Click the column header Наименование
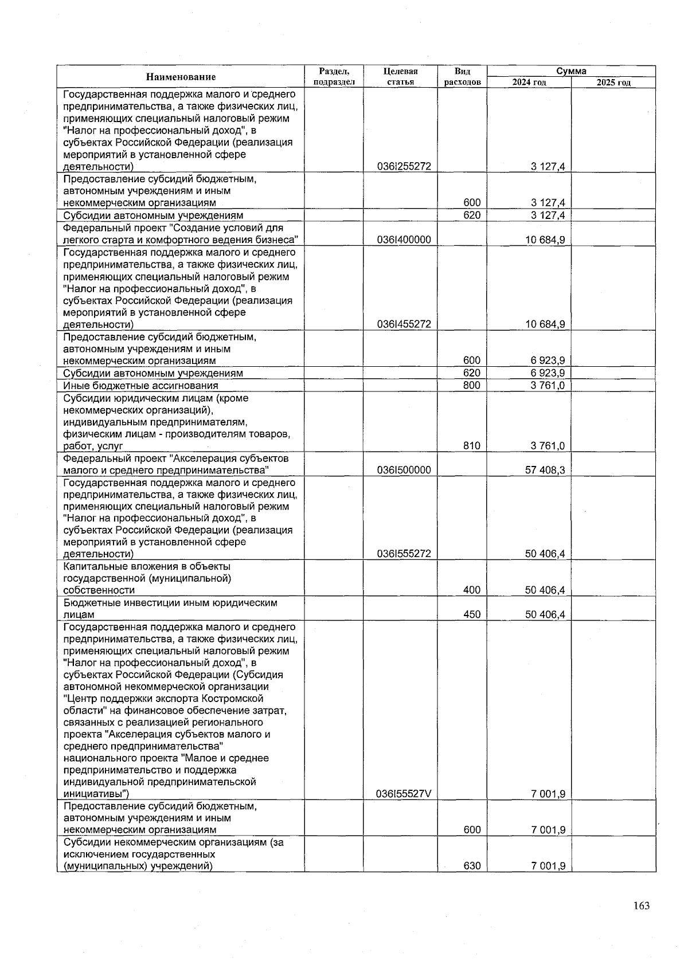pyautogui.click(x=181, y=77)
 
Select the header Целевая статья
pyautogui.click(x=400, y=77)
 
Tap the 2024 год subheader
pyautogui.click(x=529, y=83)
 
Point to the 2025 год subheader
pyautogui.click(x=613, y=83)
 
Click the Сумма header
pyautogui.click(x=571, y=71)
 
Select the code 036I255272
pyautogui.click(x=404, y=167)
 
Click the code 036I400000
pyautogui.click(x=404, y=240)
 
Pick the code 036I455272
pyautogui.click(x=404, y=324)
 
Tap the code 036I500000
pyautogui.click(x=404, y=471)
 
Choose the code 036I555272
pyautogui.click(x=404, y=554)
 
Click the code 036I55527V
pyautogui.click(x=404, y=794)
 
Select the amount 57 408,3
pyautogui.click(x=545, y=471)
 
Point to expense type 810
pyautogui.click(x=472, y=446)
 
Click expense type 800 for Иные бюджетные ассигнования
pyautogui.click(x=472, y=386)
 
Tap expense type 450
pyautogui.click(x=472, y=615)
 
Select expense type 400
pyautogui.click(x=472, y=590)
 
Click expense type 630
pyautogui.click(x=472, y=866)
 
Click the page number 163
pyautogui.click(x=642, y=906)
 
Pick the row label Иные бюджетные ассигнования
pyautogui.click(x=140, y=386)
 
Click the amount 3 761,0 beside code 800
pyautogui.click(x=548, y=386)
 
